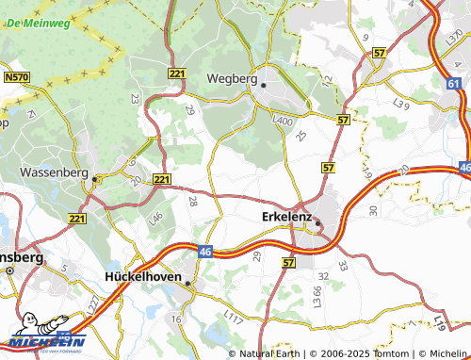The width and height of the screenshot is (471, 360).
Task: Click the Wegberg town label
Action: coord(232,78)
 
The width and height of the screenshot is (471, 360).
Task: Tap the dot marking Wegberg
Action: coord(264,85)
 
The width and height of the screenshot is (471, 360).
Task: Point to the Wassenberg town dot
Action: coord(94,176)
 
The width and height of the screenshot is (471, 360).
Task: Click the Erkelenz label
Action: coord(285,217)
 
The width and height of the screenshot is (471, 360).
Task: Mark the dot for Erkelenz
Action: coord(317,223)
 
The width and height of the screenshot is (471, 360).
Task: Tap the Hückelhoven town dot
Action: coord(187,283)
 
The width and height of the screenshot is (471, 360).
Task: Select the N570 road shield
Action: coord(16,76)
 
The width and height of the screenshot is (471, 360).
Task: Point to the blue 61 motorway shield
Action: coord(455,84)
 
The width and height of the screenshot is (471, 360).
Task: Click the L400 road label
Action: coord(283,121)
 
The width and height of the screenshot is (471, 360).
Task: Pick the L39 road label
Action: coord(400,101)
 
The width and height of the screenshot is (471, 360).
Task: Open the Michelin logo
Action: coord(44,338)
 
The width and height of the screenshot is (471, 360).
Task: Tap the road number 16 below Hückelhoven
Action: coord(175,319)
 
